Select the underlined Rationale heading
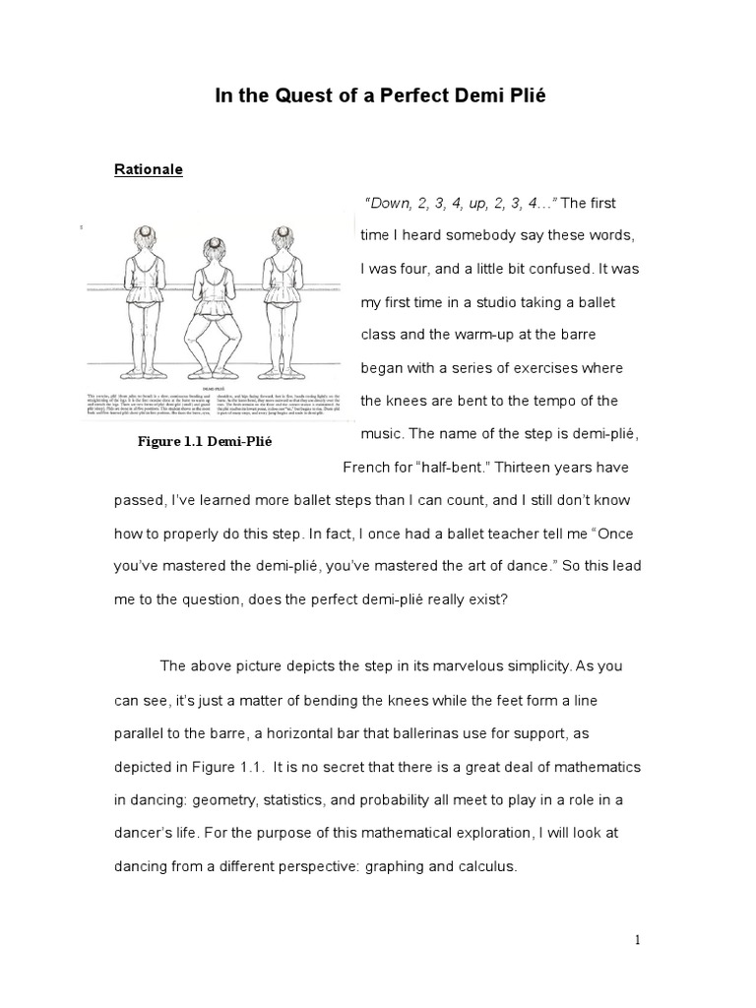click(149, 169)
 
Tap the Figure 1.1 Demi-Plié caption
click(204, 442)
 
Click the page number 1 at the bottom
click(637, 939)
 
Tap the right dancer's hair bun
click(285, 228)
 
